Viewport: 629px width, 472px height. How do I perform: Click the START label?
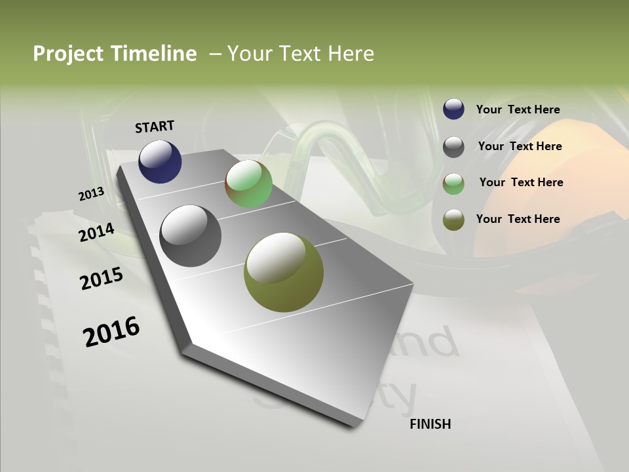tap(155, 127)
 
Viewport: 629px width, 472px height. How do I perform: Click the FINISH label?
tap(430, 424)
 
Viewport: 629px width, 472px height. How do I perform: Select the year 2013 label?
tap(91, 194)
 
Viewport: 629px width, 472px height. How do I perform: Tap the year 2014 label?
tap(96, 233)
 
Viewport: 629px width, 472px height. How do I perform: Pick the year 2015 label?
tap(102, 279)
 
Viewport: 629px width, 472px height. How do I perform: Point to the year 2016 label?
tap(111, 332)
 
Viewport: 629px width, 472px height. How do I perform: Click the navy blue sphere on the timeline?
tap(160, 161)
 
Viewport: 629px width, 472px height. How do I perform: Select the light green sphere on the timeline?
tap(248, 184)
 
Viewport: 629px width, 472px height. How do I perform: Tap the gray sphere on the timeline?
tap(191, 236)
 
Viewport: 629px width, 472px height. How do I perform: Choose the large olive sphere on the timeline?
tap(284, 272)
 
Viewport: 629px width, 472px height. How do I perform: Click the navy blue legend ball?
tap(453, 109)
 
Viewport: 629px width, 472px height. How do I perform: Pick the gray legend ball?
tap(453, 147)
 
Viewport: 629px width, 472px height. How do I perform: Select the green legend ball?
tap(453, 184)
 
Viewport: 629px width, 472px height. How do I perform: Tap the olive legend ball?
tap(453, 220)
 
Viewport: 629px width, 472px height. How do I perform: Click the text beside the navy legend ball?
tap(518, 109)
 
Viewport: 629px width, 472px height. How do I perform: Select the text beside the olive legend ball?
tap(518, 219)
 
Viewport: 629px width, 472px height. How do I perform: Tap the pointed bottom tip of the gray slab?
tap(354, 425)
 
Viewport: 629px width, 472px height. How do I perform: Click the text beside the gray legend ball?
tap(520, 146)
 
